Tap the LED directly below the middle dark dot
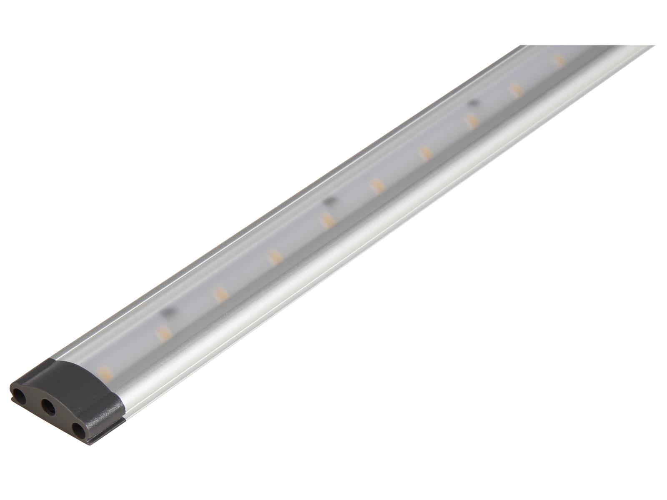coord(326,220)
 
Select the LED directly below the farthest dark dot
coord(471,121)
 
